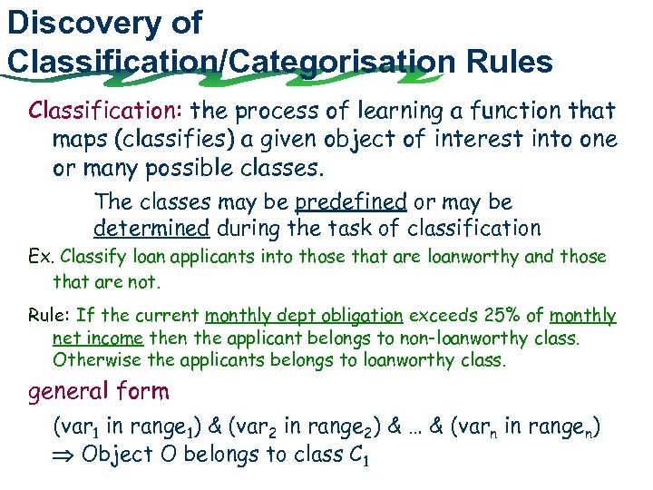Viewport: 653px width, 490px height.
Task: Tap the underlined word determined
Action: point(151,228)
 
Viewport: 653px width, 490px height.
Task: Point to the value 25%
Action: point(498,316)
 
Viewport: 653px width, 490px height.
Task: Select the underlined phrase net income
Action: point(98,338)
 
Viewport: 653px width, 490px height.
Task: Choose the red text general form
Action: point(99,392)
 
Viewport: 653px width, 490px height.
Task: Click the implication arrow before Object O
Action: point(65,454)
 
